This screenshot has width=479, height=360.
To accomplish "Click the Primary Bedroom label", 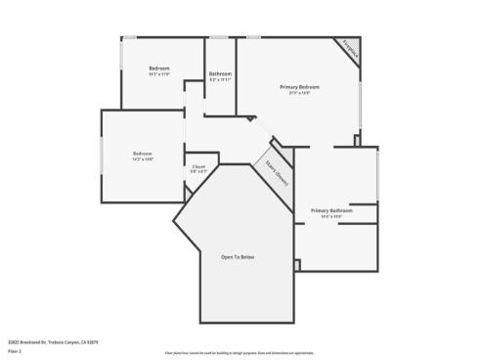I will pos(300,87).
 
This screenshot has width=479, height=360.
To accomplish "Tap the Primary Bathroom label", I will pos(331,210).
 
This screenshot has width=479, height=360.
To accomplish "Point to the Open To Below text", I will pos(238,256).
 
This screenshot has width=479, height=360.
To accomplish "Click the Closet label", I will pos(198,166).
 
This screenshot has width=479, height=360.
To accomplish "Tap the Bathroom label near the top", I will pos(220,73).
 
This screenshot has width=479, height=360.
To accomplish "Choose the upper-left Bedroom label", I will pos(159,67).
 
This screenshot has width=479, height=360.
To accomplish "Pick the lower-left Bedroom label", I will pos(143,153).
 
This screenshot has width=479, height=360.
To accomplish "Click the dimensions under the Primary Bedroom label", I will pos(300,93).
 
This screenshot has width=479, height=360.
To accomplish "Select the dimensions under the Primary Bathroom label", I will pos(331,217).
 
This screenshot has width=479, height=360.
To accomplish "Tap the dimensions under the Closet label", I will pos(198,172).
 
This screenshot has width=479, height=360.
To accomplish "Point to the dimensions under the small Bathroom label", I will pos(220,79).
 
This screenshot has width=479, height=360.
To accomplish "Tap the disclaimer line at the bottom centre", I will pos(239,350).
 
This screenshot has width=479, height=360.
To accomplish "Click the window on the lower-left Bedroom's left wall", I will pos(102,156).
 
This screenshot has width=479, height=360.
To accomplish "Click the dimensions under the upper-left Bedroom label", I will pos(159,73).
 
